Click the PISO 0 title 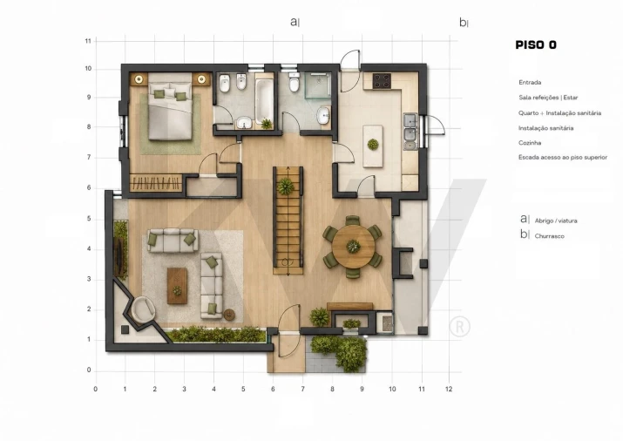(536, 45)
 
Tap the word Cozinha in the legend (530, 143)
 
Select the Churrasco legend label (549, 236)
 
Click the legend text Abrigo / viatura (556, 220)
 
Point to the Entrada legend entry (530, 82)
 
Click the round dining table (353, 247)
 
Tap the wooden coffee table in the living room (177, 286)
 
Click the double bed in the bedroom (170, 106)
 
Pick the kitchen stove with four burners (382, 81)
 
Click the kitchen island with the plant (373, 146)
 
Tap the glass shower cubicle (318, 85)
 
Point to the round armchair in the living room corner (143, 309)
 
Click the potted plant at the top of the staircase (285, 187)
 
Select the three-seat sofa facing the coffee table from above (173, 241)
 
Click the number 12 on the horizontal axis (449, 389)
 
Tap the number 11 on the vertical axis (88, 41)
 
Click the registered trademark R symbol (460, 327)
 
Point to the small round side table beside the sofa (229, 315)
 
